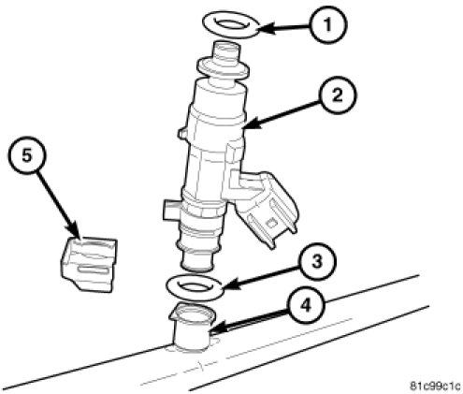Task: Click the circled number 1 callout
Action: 328,24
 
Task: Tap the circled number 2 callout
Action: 338,95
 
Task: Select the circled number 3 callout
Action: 317,261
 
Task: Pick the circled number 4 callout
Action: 306,305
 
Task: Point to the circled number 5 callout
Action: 27,155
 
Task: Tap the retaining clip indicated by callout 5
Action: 89,264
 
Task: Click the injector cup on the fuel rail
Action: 193,327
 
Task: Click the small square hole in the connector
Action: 272,223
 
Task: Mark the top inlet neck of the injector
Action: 226,52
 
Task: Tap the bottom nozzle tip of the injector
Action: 197,259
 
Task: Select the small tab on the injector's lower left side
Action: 171,210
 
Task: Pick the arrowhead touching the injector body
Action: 252,124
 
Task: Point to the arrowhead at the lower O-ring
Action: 231,285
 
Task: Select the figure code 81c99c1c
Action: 435,387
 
